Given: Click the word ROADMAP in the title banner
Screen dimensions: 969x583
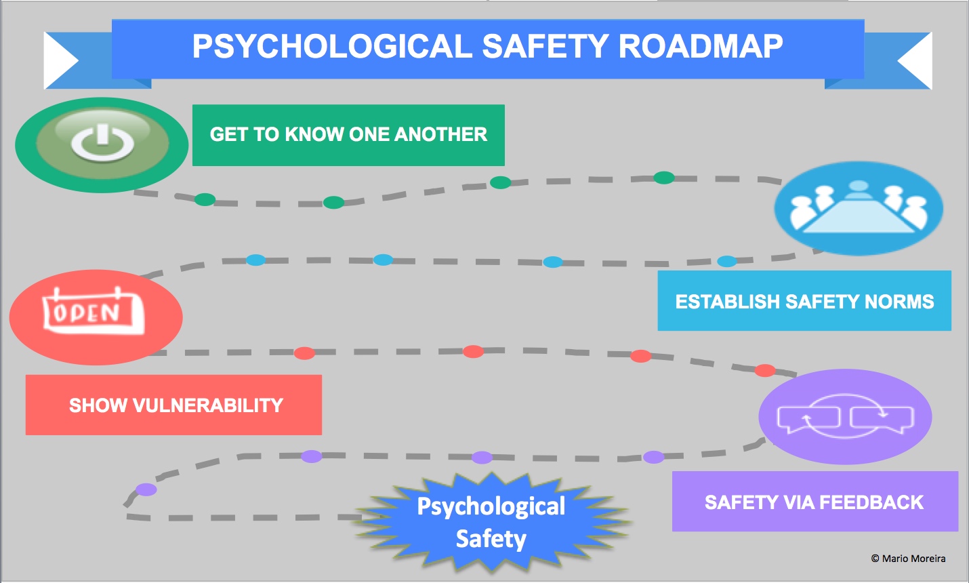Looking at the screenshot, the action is (701, 47).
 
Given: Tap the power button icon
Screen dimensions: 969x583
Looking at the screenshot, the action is (102, 143).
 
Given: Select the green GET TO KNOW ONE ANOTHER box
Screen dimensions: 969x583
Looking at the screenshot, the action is (348, 135).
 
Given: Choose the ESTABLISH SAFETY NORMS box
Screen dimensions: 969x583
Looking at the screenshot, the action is (804, 301).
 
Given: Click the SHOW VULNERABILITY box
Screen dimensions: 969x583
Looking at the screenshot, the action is (173, 405).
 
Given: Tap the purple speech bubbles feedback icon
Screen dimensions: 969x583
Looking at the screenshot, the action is (845, 417).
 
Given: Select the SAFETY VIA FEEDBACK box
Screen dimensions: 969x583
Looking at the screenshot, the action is (815, 502).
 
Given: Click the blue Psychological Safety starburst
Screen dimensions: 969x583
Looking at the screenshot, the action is (491, 523).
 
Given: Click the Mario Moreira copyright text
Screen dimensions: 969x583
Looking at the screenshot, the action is (908, 559).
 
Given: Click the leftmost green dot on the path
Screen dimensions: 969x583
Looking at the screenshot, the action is (205, 199).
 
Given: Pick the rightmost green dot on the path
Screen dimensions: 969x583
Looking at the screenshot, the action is (663, 178).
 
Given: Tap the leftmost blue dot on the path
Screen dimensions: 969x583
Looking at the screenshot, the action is (255, 260).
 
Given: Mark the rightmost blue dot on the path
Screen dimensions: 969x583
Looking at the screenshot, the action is (726, 261).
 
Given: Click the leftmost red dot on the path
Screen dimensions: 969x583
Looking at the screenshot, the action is (304, 353).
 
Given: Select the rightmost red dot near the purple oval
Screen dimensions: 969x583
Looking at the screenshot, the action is (764, 370).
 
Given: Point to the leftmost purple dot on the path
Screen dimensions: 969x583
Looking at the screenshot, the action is (146, 489).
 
